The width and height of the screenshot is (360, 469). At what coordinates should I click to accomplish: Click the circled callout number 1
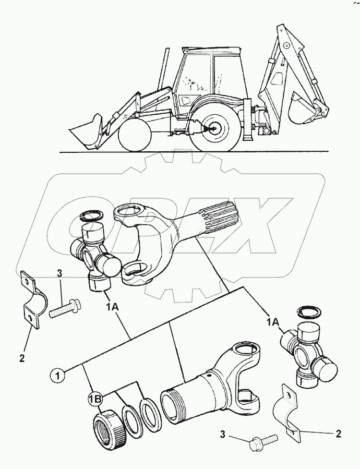(58, 374)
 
